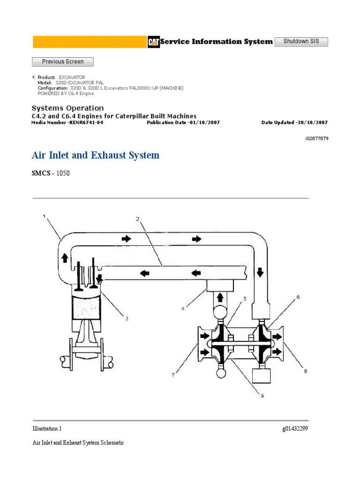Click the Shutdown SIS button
pyautogui.click(x=301, y=42)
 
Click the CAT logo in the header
pyautogui.click(x=153, y=42)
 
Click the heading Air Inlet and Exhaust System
pyautogui.click(x=96, y=155)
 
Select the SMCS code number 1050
pyautogui.click(x=63, y=173)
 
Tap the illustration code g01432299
pyautogui.click(x=295, y=428)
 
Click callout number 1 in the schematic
pyautogui.click(x=45, y=216)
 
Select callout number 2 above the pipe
pyautogui.click(x=137, y=218)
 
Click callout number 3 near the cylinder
pyautogui.click(x=126, y=318)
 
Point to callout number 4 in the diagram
pyautogui.click(x=183, y=308)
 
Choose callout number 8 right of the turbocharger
pyautogui.click(x=305, y=371)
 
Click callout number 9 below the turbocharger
pyautogui.click(x=262, y=396)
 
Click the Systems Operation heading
pyautogui.click(x=67, y=108)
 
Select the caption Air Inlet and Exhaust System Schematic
pyautogui.click(x=78, y=442)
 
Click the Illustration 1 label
pyautogui.click(x=47, y=428)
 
